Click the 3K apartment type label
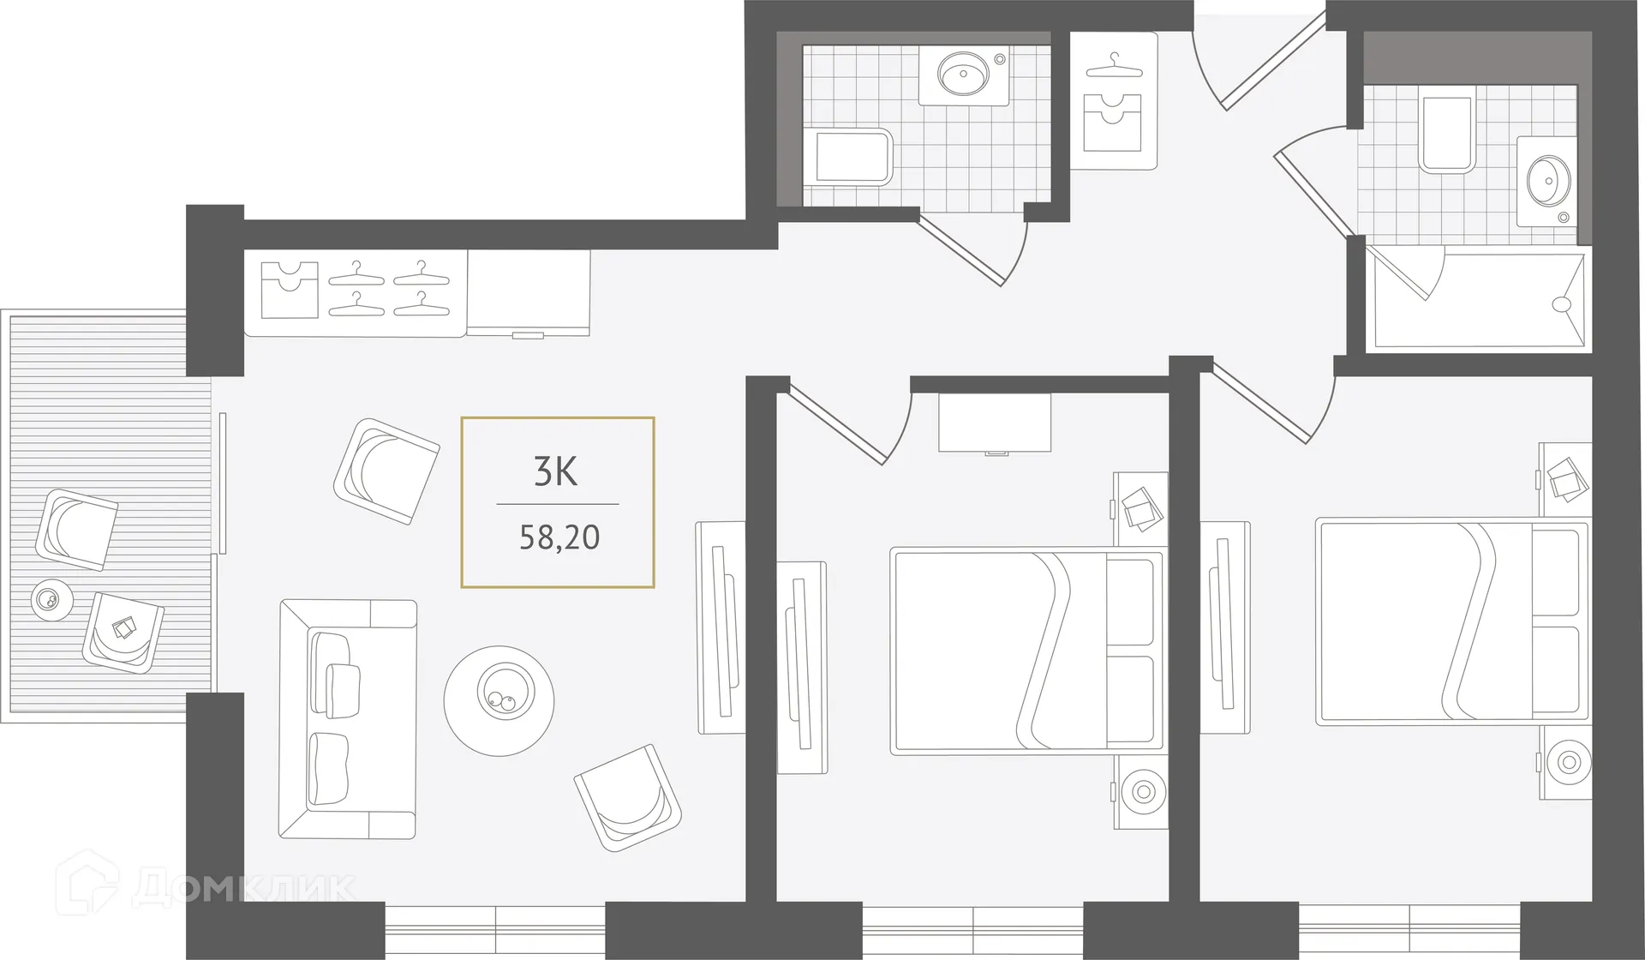[556, 471]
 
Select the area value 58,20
[559, 537]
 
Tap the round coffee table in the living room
[499, 700]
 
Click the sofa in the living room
[347, 718]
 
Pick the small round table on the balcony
[51, 600]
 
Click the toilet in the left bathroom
[848, 157]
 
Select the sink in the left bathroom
[963, 74]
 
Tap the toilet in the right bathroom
[1446, 134]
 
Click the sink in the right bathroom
[1547, 181]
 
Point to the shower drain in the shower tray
[1561, 303]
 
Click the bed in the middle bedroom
[1026, 651]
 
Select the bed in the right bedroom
[1451, 621]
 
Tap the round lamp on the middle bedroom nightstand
[1142, 791]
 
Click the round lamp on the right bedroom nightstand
[1568, 761]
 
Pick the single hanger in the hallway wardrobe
[1114, 66]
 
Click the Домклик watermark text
[244, 888]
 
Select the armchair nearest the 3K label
[386, 471]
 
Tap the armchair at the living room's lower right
[627, 797]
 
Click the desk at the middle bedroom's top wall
[995, 422]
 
